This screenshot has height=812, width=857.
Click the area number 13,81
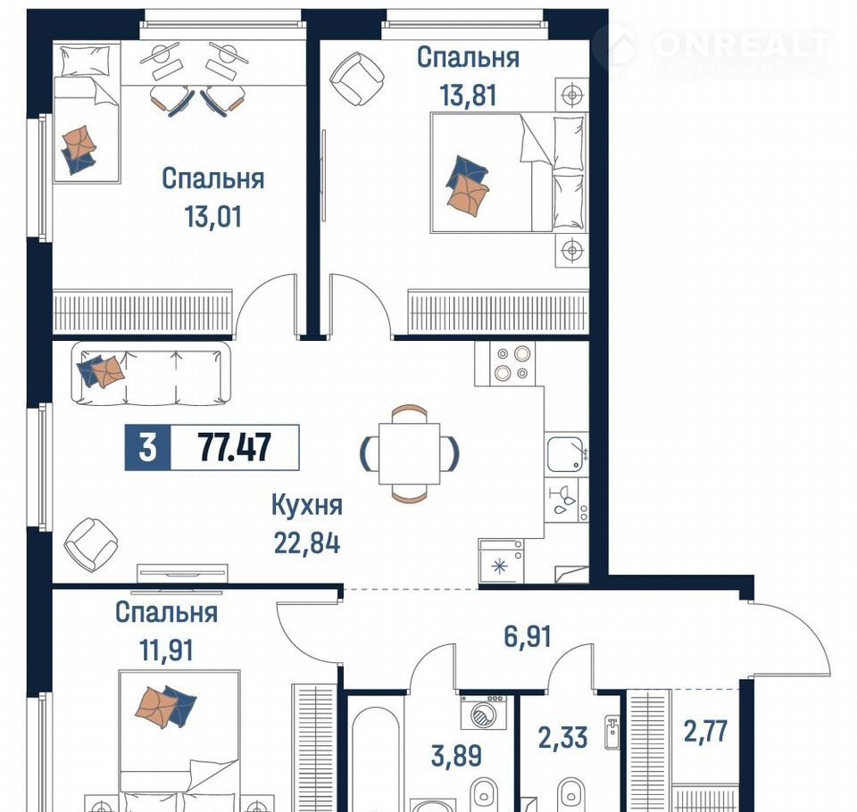click(469, 95)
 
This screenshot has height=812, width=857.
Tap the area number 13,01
click(213, 217)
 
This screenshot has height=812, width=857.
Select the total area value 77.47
click(235, 448)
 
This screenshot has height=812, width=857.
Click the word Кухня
click(307, 505)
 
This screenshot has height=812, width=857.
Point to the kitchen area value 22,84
click(307, 543)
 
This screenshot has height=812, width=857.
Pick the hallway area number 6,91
click(528, 636)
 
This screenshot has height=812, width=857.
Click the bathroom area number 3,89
click(457, 757)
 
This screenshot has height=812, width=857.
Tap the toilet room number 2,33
click(563, 738)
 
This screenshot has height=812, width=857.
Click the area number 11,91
click(167, 650)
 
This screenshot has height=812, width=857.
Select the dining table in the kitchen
click(410, 453)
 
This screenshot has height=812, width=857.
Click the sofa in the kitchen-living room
click(151, 374)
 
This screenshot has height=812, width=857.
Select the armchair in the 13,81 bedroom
click(358, 79)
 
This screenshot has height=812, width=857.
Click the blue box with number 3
click(147, 448)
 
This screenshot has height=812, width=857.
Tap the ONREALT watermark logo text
click(741, 45)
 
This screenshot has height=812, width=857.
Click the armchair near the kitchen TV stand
click(91, 544)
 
